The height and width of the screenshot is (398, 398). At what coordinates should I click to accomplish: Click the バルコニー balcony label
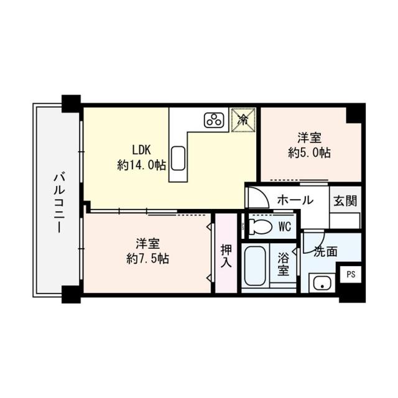tap(58, 202)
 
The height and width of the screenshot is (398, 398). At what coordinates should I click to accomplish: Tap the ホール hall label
tap(294, 201)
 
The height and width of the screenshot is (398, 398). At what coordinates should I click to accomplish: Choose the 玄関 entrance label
tap(345, 201)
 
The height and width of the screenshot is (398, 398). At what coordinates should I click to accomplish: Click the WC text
tap(285, 227)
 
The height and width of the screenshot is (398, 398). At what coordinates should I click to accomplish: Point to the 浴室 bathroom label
tap(284, 264)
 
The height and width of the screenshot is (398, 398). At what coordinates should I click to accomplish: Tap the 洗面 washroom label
tap(325, 252)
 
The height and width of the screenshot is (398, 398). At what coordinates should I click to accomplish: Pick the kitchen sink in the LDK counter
tap(177, 159)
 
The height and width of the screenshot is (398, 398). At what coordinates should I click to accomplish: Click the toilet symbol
tap(259, 227)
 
